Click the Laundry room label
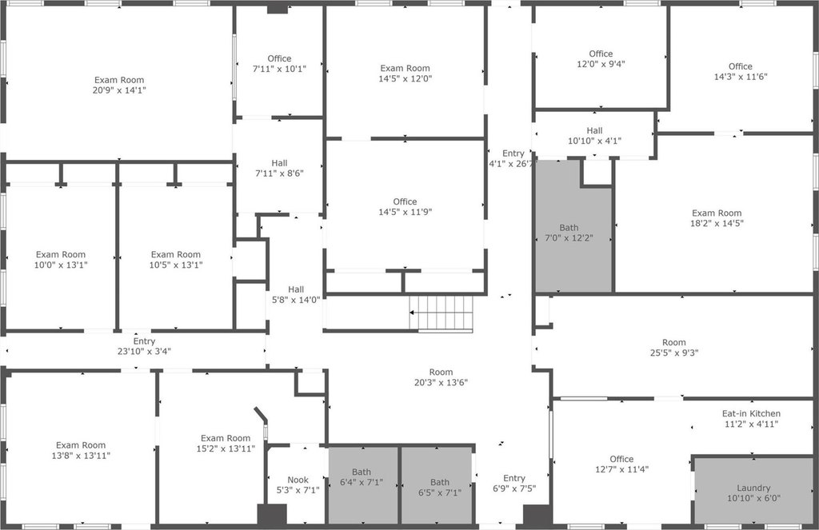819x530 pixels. tap(753, 488)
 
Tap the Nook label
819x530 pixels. tap(298, 480)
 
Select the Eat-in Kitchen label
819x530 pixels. tap(751, 413)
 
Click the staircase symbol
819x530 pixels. tap(441, 313)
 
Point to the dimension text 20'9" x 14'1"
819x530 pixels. tap(119, 90)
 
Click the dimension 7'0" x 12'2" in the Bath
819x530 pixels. tap(569, 238)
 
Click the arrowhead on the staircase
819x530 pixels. tap(412, 313)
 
